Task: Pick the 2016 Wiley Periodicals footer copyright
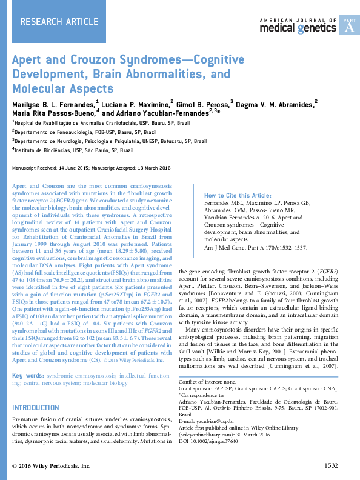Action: tap(52, 465)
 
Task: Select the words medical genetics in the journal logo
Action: tap(298, 28)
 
